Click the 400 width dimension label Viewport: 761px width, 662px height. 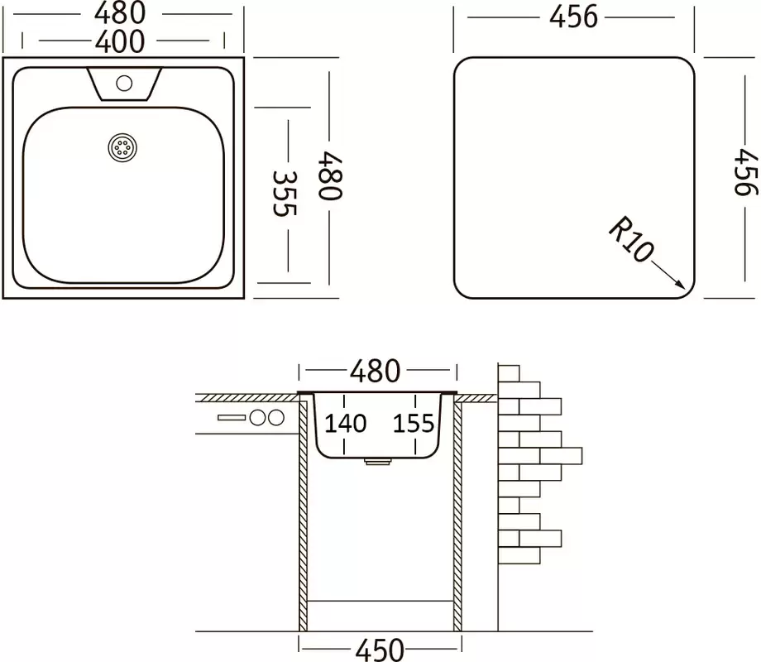(x=120, y=41)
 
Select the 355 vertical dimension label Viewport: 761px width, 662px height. (x=285, y=194)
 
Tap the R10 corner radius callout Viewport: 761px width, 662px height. (x=631, y=239)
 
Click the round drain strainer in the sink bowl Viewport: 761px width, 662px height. (x=122, y=147)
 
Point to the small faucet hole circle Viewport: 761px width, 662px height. (x=124, y=84)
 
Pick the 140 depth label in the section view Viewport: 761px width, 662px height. (x=346, y=424)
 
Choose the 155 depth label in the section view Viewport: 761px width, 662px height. (x=414, y=424)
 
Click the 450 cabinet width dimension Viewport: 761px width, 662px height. (x=380, y=650)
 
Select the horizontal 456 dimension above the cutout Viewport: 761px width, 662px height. (x=573, y=18)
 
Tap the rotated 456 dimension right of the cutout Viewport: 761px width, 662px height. (x=745, y=172)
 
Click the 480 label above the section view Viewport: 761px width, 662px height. (x=376, y=372)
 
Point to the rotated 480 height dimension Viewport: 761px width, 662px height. (x=330, y=175)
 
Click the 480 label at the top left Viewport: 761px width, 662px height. (x=120, y=13)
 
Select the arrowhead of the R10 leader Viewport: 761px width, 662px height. (x=680, y=285)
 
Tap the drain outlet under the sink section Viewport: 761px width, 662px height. (x=378, y=462)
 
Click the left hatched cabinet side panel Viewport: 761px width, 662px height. (x=304, y=516)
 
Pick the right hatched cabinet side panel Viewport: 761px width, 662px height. (x=457, y=516)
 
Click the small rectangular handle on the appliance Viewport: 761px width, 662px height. (x=232, y=417)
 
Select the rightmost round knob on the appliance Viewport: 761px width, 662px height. (x=276, y=417)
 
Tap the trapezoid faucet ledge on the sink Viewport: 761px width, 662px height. (x=124, y=84)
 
